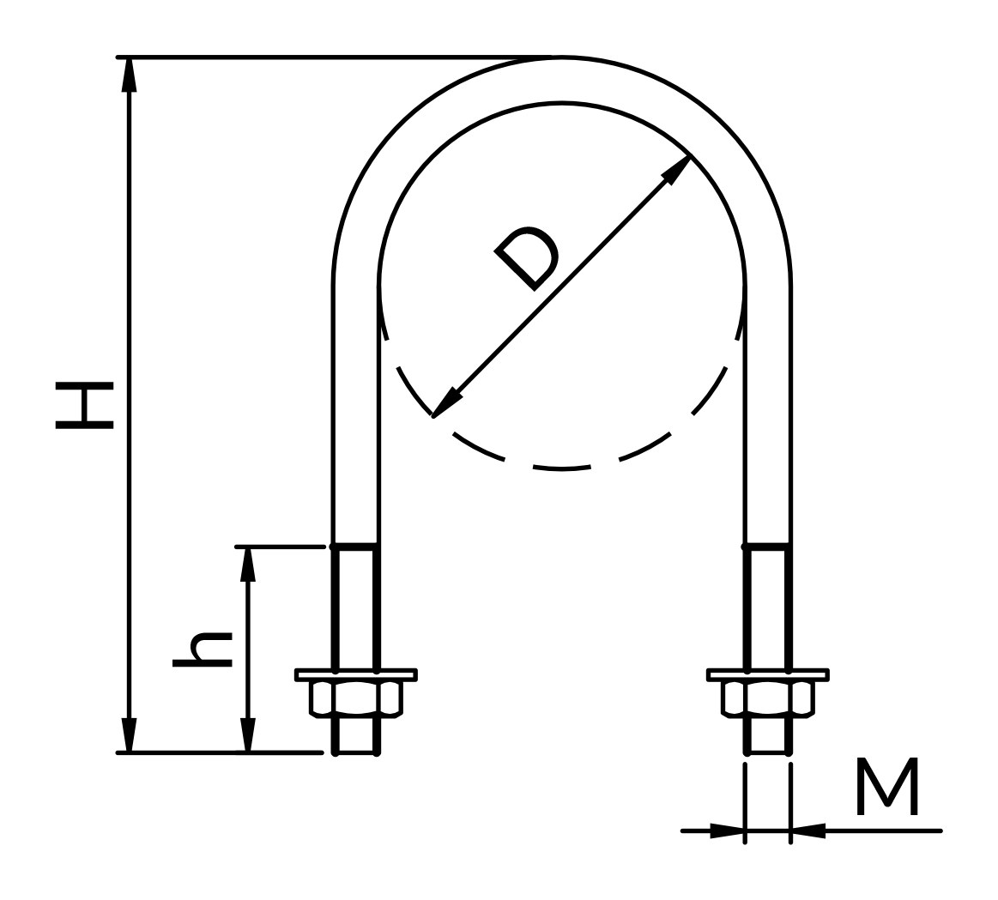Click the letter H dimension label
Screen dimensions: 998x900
[85, 406]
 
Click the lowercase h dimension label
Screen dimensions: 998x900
[203, 649]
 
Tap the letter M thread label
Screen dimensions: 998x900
[887, 786]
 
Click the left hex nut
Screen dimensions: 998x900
[356, 699]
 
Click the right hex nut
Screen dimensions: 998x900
[768, 699]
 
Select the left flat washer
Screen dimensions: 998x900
[356, 674]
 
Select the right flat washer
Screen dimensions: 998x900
[768, 674]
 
